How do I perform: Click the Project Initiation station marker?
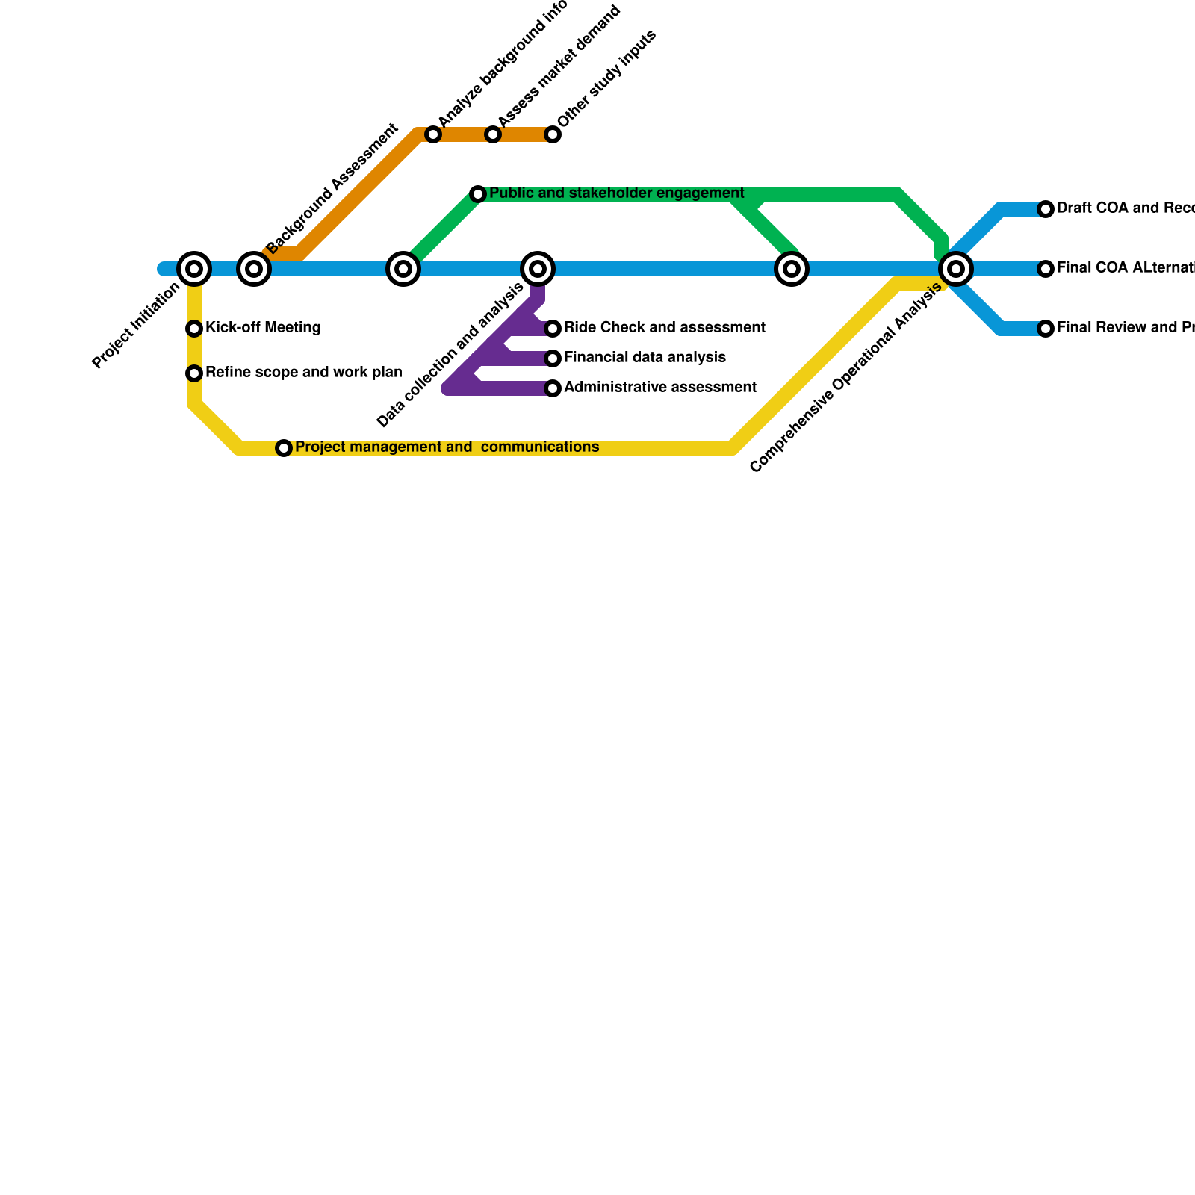click(194, 269)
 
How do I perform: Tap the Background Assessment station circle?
click(254, 269)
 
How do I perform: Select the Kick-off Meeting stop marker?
click(194, 329)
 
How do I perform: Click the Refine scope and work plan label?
click(303, 373)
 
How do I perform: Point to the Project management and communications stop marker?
click(284, 448)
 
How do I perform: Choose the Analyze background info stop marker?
click(433, 134)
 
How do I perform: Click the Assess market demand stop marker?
click(493, 134)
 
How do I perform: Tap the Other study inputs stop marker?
click(553, 134)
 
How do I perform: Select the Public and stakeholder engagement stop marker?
click(478, 194)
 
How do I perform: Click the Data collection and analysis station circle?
click(538, 269)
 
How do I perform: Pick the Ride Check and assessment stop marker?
click(553, 329)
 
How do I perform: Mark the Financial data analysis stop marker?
click(553, 358)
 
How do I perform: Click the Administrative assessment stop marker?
click(553, 388)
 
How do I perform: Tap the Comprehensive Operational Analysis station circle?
click(956, 269)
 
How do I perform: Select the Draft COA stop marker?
click(1046, 209)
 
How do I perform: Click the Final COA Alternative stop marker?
click(1046, 269)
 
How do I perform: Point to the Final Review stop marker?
click(1046, 329)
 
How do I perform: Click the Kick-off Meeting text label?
click(263, 328)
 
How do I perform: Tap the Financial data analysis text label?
click(645, 358)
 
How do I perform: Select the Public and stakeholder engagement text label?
click(616, 193)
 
